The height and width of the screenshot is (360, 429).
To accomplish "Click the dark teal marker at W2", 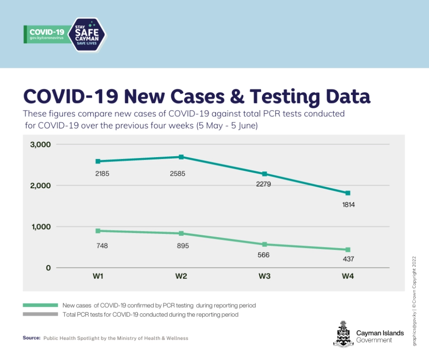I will coord(181,157).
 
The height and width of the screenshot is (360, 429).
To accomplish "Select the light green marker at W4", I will coord(348,250).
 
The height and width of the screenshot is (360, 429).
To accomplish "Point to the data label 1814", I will coord(348,205).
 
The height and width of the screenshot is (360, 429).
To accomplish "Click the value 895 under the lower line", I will coord(181,246).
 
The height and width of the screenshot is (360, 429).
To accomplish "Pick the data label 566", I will coord(263,255).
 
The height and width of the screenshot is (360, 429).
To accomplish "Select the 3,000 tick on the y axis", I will coord(40,144).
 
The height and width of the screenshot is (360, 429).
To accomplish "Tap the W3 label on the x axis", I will coord(264,277).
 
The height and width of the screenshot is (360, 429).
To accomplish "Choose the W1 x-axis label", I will coord(98,277).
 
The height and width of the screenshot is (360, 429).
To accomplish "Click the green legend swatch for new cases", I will coord(40,305).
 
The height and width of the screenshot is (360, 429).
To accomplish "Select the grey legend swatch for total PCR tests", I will coord(40,314).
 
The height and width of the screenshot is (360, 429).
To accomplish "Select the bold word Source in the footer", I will coord(32,338).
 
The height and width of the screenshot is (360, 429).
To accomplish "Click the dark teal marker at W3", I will coord(264,174).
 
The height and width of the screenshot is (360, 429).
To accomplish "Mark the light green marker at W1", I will coord(98,231).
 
